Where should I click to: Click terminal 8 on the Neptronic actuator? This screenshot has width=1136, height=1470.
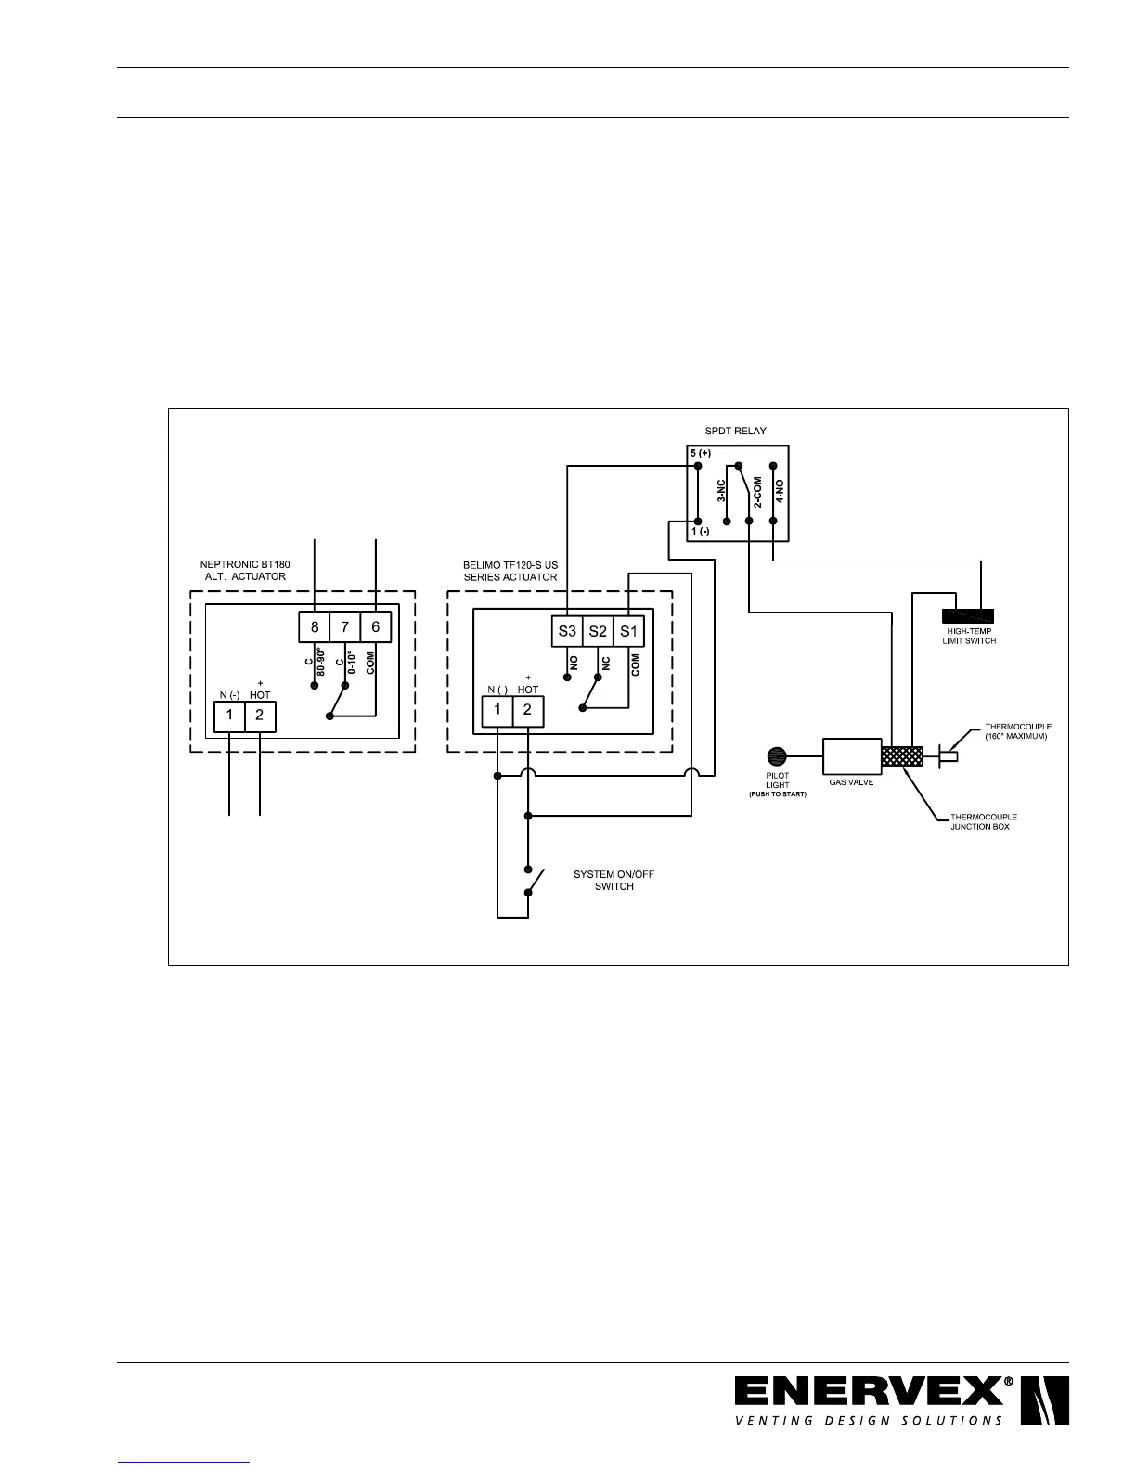[x=315, y=627]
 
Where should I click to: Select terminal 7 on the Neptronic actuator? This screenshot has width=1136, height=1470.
[x=345, y=627]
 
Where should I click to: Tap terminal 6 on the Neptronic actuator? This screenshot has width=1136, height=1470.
[x=376, y=627]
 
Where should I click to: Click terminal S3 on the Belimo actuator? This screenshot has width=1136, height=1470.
[x=567, y=632]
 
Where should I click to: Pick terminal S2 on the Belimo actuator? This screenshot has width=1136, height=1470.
[x=598, y=632]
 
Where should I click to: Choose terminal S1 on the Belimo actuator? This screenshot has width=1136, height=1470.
[x=629, y=632]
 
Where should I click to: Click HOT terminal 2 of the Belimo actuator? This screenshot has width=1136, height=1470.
[x=527, y=711]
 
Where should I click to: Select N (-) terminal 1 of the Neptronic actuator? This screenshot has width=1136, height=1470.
[x=229, y=716]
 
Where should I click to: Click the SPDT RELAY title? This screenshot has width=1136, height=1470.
[x=736, y=431]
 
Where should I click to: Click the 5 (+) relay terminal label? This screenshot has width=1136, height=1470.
[x=700, y=453]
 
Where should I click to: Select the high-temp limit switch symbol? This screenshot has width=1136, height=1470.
[x=968, y=615]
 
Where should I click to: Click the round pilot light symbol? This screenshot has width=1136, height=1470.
[x=777, y=756]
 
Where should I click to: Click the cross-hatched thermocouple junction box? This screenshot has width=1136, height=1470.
[x=902, y=757]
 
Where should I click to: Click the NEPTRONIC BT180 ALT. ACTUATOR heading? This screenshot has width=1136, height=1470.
[x=245, y=570]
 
